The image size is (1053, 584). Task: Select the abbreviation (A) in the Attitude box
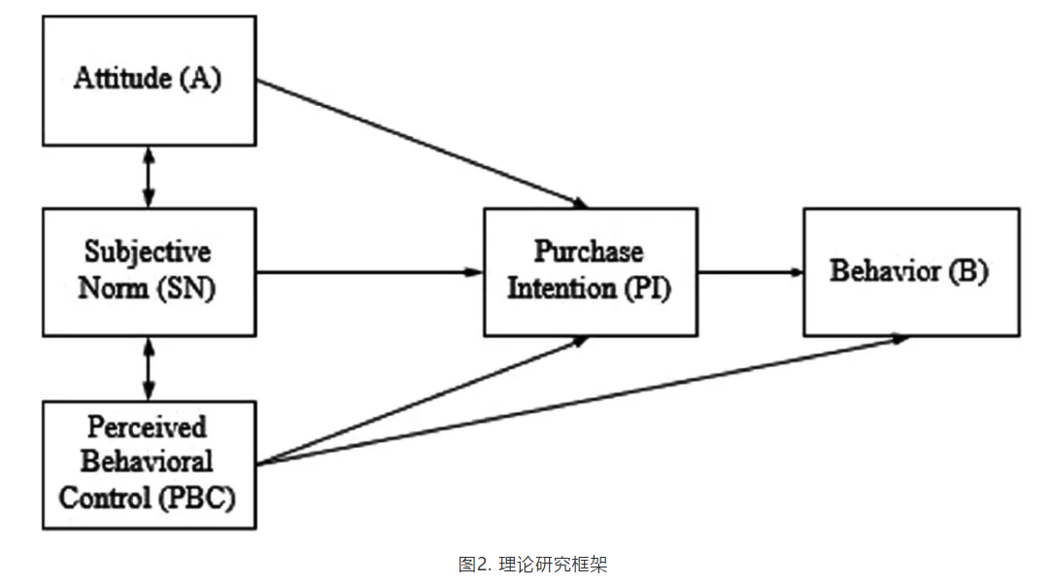pyautogui.click(x=201, y=79)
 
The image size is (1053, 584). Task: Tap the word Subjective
pyautogui.click(x=148, y=253)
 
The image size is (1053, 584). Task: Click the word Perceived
pyautogui.click(x=148, y=427)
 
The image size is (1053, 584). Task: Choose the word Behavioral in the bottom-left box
pyautogui.click(x=148, y=462)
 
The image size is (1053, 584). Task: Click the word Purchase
pyautogui.click(x=589, y=252)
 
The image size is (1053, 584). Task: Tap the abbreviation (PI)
pyautogui.click(x=646, y=288)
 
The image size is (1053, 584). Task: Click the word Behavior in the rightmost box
pyautogui.click(x=872, y=271)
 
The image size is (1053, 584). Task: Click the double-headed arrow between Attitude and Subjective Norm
pyautogui.click(x=148, y=176)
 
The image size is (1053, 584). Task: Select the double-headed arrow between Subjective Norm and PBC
pyautogui.click(x=148, y=368)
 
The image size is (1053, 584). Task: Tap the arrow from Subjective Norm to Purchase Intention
pyautogui.click(x=369, y=271)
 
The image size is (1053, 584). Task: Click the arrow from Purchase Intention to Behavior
pyautogui.click(x=749, y=271)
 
